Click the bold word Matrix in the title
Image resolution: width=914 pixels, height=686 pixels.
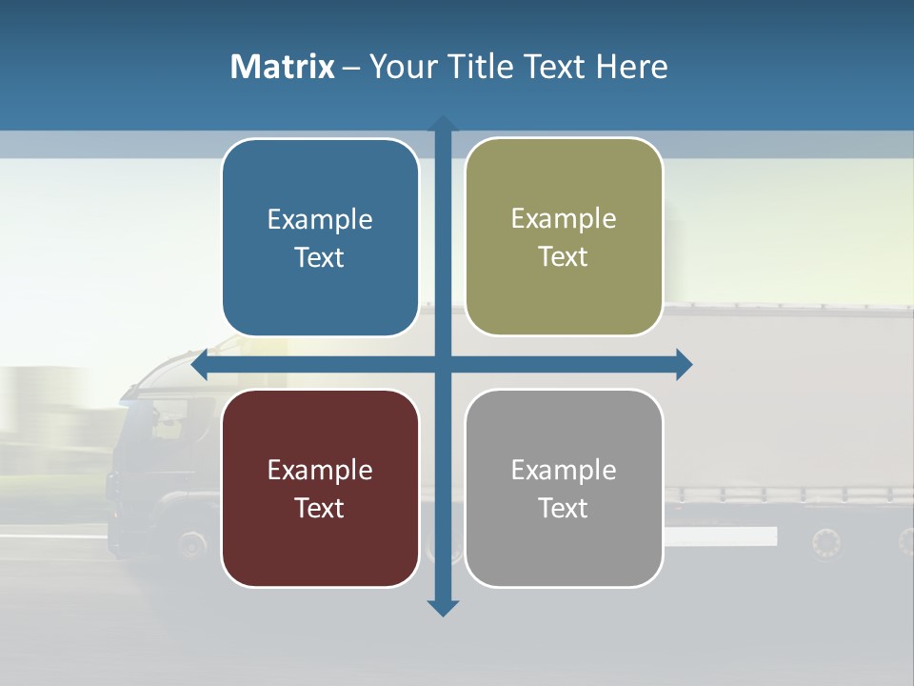tap(282, 67)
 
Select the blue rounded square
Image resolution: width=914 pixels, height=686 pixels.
tap(320, 237)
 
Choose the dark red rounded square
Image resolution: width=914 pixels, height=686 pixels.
tap(320, 488)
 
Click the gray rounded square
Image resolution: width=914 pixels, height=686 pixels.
tap(564, 488)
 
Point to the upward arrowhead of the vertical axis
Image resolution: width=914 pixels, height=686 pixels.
tap(443, 125)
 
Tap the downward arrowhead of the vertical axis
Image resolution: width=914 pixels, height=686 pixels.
tap(443, 608)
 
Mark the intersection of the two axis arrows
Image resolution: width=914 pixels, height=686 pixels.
tap(443, 365)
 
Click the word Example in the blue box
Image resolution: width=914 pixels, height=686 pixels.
tap(320, 220)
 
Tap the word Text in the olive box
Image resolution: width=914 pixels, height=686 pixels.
tap(564, 256)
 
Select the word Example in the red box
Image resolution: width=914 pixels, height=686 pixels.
tap(320, 470)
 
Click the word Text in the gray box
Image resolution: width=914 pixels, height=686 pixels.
tap(564, 508)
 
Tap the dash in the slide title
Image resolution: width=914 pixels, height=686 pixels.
tap(351, 68)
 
